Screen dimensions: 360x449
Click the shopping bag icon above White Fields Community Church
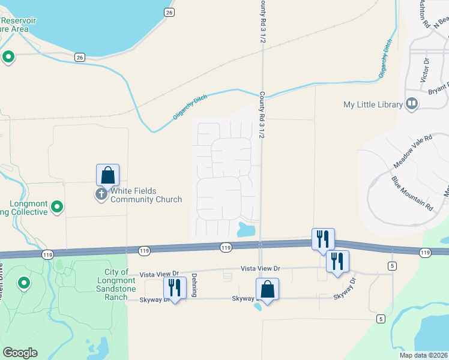click(x=107, y=175)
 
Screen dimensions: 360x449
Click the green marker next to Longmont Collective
click(x=57, y=207)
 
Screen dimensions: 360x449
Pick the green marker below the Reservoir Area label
click(x=8, y=57)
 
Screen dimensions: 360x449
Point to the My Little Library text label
click(x=373, y=104)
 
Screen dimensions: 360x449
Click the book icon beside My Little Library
click(x=412, y=104)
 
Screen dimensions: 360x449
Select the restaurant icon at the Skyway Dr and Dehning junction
click(x=175, y=287)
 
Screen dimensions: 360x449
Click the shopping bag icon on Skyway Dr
click(x=267, y=289)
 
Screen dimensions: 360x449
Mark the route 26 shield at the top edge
click(x=169, y=12)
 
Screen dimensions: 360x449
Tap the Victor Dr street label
click(x=425, y=70)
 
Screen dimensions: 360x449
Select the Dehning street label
click(x=194, y=286)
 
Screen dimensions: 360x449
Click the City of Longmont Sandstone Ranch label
click(x=116, y=280)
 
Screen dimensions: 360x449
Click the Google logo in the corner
click(x=20, y=353)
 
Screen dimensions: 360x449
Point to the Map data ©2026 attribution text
click(x=423, y=355)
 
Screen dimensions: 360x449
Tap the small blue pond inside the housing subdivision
click(x=246, y=229)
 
